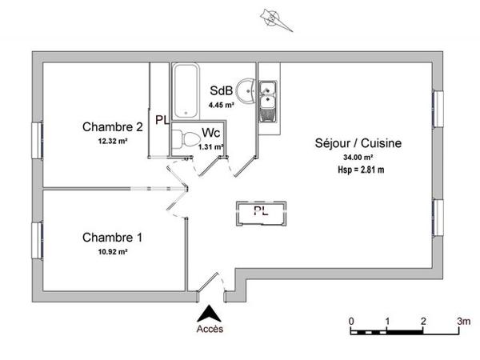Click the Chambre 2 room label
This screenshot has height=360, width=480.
coord(113,126)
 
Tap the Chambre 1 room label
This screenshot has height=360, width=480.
coord(113,238)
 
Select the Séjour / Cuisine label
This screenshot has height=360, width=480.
coord(358,144)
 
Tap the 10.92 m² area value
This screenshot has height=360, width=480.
coord(113,251)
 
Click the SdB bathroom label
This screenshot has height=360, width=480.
coord(221,90)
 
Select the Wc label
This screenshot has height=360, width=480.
coord(210,133)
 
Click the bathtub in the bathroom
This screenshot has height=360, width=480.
coord(186,90)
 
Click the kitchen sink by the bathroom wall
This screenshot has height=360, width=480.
coord(266,96)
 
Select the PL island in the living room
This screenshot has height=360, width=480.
coord(262,211)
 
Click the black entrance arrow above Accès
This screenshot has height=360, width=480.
coord(210,314)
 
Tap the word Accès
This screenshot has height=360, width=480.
coord(210,329)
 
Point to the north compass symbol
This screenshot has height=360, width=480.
coord(273,17)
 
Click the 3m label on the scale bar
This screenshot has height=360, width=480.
coord(463,322)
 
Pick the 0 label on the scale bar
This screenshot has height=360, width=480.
coord(351,322)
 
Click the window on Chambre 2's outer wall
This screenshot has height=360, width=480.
coord(37,141)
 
